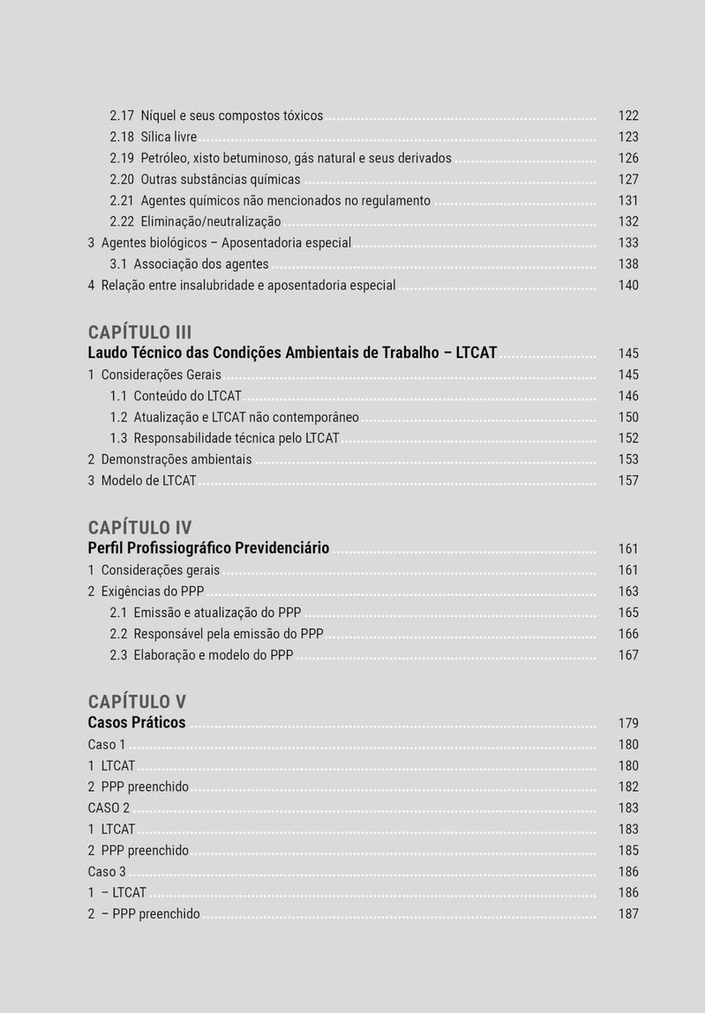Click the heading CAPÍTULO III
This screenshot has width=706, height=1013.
pos(139,332)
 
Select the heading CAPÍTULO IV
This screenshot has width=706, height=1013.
pos(139,528)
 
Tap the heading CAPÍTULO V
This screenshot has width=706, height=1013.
pos(137,702)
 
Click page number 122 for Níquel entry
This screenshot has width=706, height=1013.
pos(628,115)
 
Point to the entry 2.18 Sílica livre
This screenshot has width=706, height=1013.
pos(153,137)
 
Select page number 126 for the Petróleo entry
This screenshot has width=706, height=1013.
pos(628,158)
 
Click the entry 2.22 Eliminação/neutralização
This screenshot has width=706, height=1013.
pos(195,221)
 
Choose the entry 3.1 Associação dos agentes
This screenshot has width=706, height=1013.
pos(189,264)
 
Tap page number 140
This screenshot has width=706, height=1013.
pos(628,285)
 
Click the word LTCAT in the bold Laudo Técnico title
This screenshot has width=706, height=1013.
pos(477,353)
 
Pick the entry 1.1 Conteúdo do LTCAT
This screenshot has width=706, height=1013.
pos(176,396)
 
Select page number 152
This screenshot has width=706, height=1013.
pos(628,438)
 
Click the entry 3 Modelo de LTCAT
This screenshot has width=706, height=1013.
pos(141,480)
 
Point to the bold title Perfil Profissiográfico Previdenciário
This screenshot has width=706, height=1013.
pos(208,548)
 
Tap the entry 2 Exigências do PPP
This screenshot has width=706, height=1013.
pos(146,592)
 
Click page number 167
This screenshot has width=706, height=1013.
pos(628,655)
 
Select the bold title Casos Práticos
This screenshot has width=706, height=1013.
pos(137,723)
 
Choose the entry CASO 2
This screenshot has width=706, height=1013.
pos(109,808)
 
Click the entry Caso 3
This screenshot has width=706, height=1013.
pos(107,872)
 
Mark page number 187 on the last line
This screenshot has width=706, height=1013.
pos(628,914)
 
